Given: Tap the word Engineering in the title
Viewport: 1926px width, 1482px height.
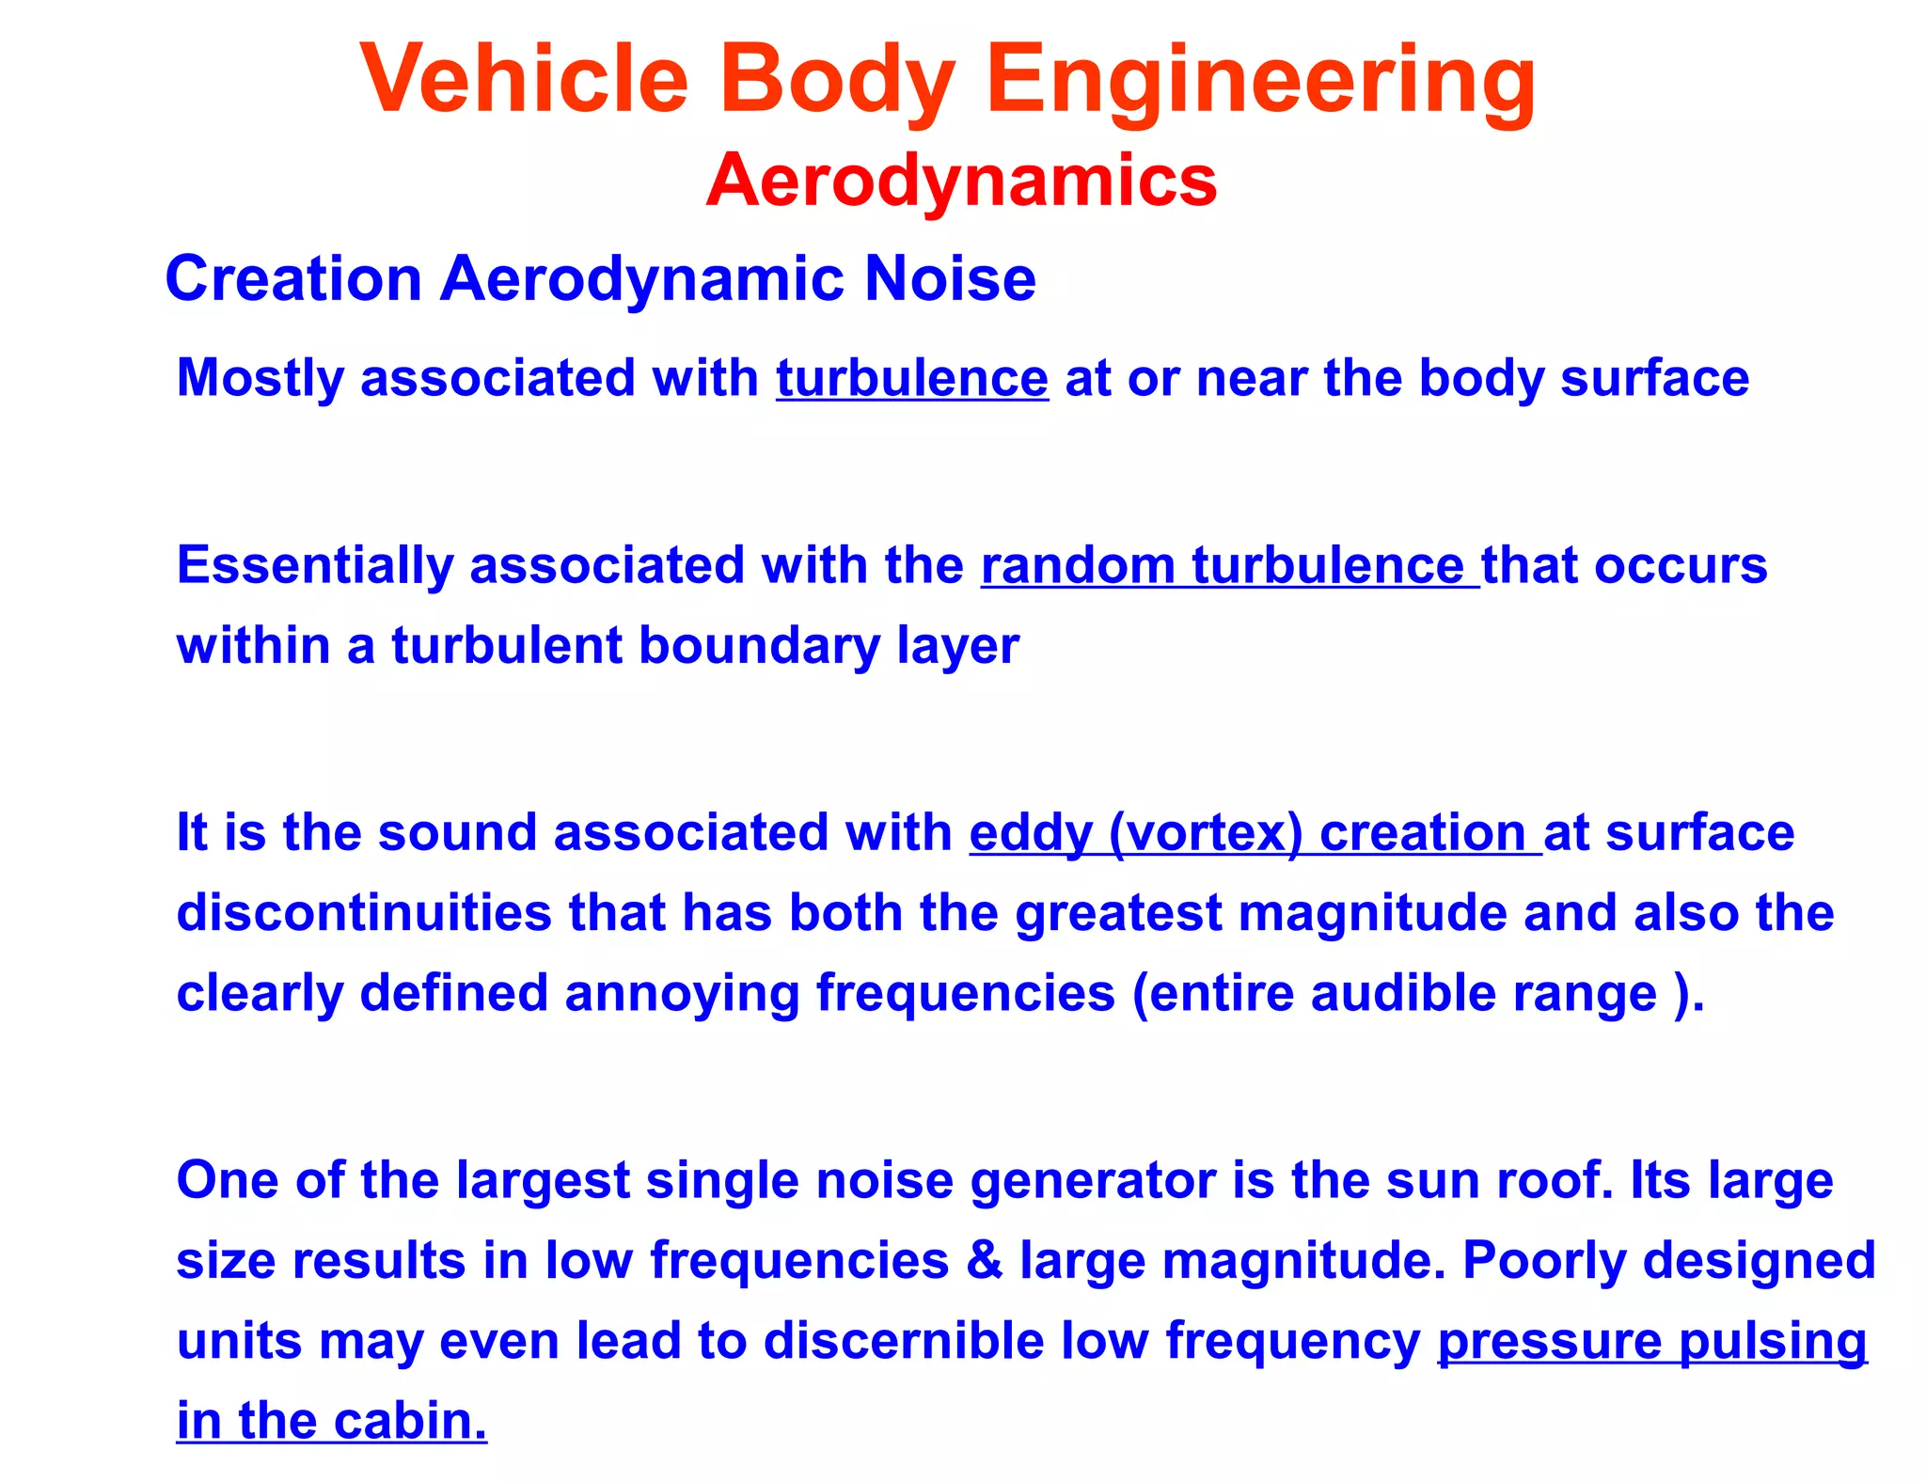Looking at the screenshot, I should pos(1260,83).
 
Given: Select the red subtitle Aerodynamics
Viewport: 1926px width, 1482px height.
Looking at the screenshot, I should pos(961,180).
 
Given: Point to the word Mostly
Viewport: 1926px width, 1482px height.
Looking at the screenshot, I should pos(260,379).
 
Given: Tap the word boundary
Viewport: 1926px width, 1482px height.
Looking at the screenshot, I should pos(759,647).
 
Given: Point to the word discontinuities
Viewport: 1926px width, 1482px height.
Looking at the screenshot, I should pos(363,913).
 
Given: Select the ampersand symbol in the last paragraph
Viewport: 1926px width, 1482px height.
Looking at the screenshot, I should pos(984,1260).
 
